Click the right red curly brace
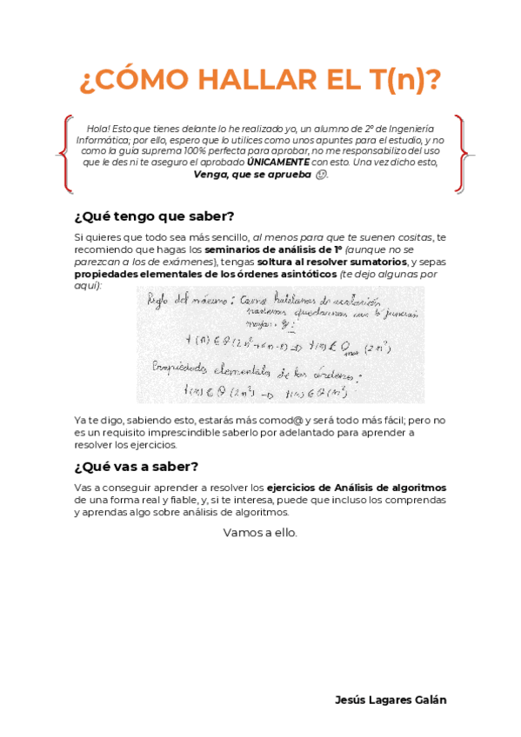click(x=461, y=155)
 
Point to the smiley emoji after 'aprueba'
click(x=323, y=174)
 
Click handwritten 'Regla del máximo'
click(x=179, y=301)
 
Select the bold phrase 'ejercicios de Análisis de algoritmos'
click(x=368, y=488)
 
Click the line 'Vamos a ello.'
click(x=260, y=533)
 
